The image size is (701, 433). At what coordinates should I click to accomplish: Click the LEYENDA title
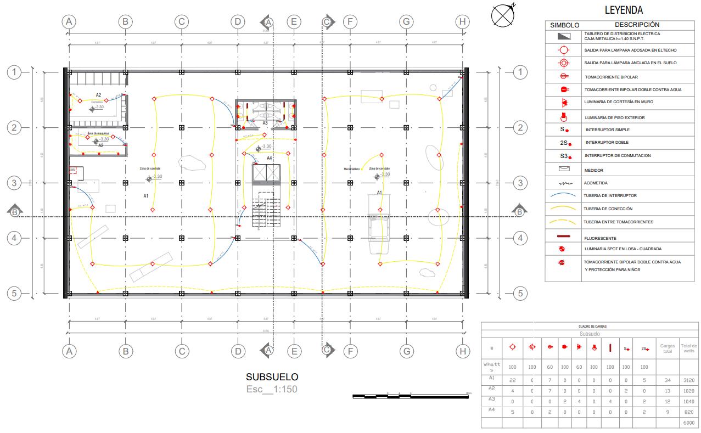[624, 10]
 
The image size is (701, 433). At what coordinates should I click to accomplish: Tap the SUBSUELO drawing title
[272, 377]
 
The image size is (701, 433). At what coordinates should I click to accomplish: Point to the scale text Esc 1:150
[272, 389]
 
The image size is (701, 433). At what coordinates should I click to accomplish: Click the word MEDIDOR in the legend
[594, 170]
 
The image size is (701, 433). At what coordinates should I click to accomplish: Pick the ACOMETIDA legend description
[596, 183]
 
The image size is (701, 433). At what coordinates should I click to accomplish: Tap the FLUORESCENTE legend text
[601, 238]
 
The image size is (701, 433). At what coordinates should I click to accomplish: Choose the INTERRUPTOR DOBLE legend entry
[603, 143]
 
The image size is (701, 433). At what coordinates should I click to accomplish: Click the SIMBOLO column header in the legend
[564, 25]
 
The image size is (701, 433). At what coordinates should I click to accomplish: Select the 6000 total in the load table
[688, 423]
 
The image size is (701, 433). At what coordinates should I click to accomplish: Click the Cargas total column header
[667, 348]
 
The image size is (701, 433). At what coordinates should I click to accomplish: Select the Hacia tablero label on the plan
[352, 169]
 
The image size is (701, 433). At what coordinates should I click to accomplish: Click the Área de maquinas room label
[98, 133]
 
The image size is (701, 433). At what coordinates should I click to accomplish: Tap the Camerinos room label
[97, 102]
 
